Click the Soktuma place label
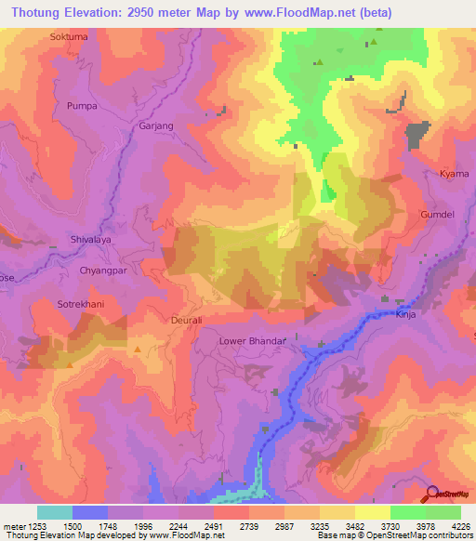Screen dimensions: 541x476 (69, 36)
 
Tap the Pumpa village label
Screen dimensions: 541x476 (82, 107)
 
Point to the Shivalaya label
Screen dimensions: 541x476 (91, 239)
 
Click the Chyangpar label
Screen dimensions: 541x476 (103, 270)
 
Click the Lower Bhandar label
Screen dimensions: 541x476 (251, 341)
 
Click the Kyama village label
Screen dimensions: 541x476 (454, 174)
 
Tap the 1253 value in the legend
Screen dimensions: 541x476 (29, 524)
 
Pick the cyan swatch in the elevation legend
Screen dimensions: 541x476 (55, 511)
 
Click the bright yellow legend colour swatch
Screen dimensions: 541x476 (372, 511)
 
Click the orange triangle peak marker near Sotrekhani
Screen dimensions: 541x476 (138, 350)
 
